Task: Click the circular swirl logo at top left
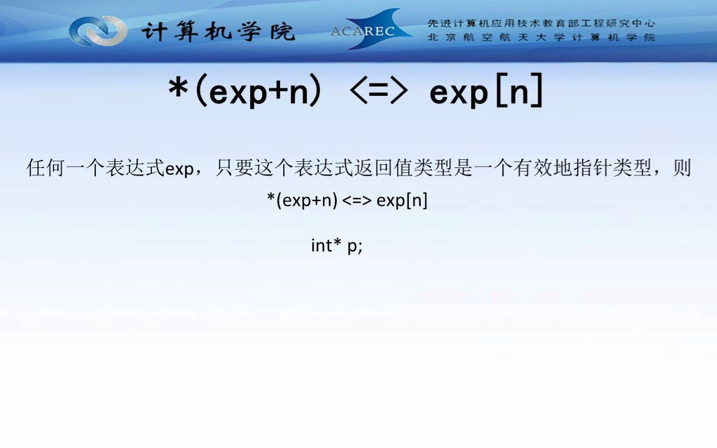pos(98,30)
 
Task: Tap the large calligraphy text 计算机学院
pos(217,31)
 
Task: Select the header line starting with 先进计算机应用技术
pos(541,24)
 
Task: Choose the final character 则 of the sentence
pos(682,168)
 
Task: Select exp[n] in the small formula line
pos(402,201)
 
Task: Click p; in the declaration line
pos(355,246)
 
